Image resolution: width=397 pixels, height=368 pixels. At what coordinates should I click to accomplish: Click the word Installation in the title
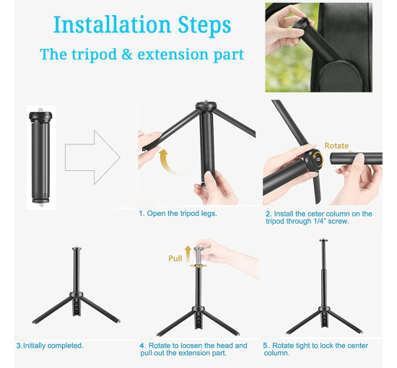tap(112, 25)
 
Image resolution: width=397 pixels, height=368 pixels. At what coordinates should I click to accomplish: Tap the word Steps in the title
tap(204, 26)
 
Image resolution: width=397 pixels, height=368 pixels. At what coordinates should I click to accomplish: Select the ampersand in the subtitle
tap(127, 54)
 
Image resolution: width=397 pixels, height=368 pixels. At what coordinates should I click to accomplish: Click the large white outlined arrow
tap(92, 157)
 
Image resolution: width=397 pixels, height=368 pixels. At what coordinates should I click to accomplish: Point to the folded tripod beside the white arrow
tap(40, 157)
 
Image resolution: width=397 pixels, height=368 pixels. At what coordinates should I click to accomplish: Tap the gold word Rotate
tap(336, 146)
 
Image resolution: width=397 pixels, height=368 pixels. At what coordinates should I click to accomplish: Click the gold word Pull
tap(175, 258)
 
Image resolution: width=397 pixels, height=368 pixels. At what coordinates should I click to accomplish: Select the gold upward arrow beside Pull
tap(188, 253)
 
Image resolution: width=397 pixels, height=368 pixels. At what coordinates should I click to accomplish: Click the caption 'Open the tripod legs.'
tap(182, 213)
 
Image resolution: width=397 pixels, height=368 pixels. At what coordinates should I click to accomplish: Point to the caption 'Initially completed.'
tap(53, 346)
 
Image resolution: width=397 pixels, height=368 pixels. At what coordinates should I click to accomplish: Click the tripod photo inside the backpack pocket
tap(318, 48)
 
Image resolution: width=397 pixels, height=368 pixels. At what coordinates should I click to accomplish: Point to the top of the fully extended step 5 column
tap(323, 240)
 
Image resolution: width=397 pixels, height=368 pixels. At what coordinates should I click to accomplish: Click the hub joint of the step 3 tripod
tap(77, 294)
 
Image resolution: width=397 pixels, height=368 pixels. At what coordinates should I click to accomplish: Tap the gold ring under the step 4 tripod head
tap(198, 266)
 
